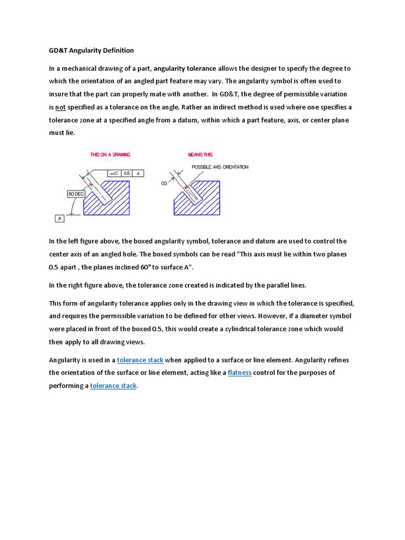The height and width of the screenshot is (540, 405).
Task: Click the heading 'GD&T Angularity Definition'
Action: click(91, 51)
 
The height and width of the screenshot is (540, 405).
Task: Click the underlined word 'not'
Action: click(61, 108)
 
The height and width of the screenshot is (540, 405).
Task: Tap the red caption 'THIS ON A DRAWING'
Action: click(110, 155)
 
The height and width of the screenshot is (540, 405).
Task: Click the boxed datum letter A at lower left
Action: click(60, 218)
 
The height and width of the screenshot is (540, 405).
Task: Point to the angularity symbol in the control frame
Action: click(114, 173)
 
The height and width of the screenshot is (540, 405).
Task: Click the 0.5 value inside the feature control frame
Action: click(127, 173)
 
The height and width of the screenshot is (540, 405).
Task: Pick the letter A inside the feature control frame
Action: click(138, 173)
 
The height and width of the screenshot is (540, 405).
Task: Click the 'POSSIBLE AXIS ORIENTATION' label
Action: click(220, 167)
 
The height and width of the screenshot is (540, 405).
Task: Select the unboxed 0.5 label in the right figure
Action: click(164, 183)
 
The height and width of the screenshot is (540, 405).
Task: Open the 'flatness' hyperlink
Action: click(240, 373)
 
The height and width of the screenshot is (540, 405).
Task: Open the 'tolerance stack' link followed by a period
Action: click(113, 386)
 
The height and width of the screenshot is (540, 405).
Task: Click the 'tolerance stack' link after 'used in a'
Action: click(140, 360)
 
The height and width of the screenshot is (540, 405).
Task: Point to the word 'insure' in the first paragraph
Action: click(59, 94)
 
